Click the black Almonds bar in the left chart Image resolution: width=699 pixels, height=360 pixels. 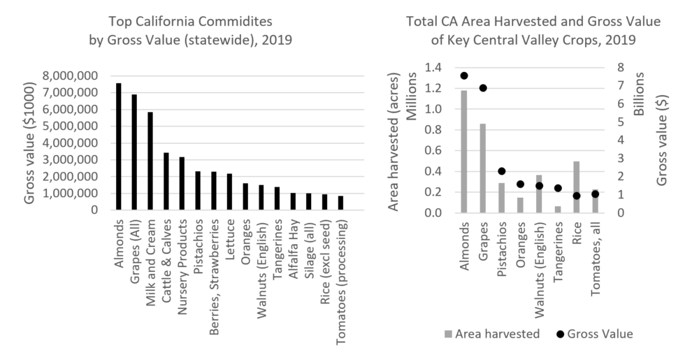tap(119, 147)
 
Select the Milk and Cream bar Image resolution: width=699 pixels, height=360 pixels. tap(150, 161)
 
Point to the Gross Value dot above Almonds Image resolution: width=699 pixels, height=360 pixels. tap(464, 75)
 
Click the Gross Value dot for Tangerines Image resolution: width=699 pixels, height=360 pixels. tap(558, 188)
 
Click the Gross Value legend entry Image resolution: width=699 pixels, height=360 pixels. tap(594, 334)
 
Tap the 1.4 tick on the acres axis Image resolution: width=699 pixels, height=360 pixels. tap(433, 68)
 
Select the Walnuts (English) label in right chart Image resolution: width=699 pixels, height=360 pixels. tap(540, 259)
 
